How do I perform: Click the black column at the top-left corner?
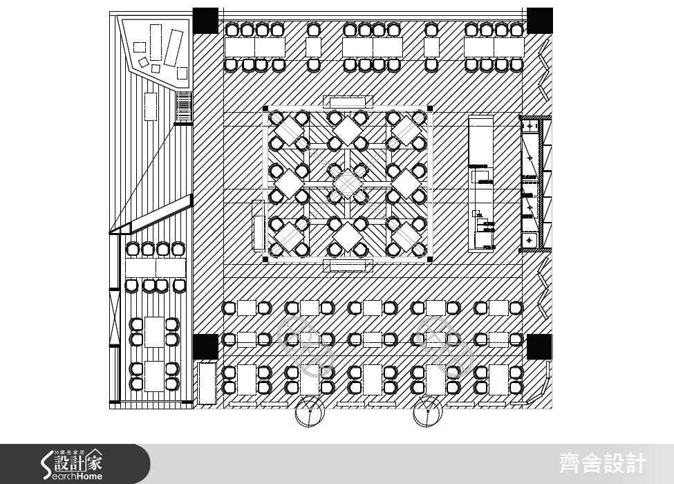(x=205, y=21)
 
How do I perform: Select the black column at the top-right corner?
(x=539, y=21)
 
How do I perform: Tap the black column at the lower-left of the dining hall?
(x=205, y=346)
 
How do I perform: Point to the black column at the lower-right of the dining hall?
(x=539, y=346)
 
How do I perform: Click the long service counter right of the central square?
(x=481, y=183)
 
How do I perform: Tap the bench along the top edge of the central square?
(x=351, y=102)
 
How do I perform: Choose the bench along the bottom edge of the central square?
(x=351, y=266)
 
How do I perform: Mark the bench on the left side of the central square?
(x=259, y=226)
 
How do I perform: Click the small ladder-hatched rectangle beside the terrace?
(x=183, y=107)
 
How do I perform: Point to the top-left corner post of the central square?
(x=265, y=109)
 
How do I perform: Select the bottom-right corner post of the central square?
(x=430, y=259)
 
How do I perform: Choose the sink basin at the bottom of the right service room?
(x=530, y=240)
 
